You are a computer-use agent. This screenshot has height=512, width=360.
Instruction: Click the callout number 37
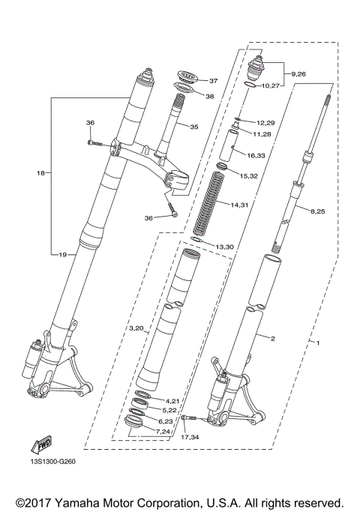coord(213,81)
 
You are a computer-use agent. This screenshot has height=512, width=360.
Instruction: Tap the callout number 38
coord(209,97)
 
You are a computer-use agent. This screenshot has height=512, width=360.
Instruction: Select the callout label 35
coord(193,127)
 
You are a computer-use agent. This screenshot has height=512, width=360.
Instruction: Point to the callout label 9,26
coord(298,73)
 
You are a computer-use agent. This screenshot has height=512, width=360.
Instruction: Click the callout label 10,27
coord(271,86)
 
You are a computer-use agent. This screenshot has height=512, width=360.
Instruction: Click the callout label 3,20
coord(136,328)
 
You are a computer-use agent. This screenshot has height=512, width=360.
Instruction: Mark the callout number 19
coord(63,255)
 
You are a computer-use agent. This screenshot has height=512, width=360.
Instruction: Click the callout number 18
coord(40,173)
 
